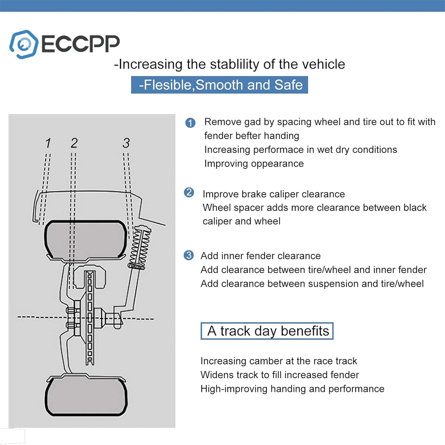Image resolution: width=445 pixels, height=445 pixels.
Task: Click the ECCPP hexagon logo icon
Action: click(x=23, y=44)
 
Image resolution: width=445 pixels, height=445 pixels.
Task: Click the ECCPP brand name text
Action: click(x=80, y=44)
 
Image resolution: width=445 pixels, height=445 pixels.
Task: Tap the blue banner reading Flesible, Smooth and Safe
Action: click(x=219, y=85)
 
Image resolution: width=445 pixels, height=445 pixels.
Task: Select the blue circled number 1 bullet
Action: click(x=190, y=123)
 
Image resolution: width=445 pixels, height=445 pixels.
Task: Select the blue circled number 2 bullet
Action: click(x=189, y=192)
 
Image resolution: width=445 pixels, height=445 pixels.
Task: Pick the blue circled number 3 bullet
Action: click(x=188, y=255)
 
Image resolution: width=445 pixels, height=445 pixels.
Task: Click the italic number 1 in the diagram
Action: click(x=48, y=143)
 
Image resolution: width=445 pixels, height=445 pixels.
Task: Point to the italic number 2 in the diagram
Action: click(x=74, y=143)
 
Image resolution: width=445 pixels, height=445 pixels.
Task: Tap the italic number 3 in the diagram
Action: click(x=126, y=143)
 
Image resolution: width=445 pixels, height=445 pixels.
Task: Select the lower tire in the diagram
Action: click(x=86, y=395)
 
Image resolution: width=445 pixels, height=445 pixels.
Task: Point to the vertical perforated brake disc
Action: click(x=90, y=317)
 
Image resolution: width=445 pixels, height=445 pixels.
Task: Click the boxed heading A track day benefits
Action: click(x=267, y=331)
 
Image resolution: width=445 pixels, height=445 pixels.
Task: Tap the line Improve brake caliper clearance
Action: click(x=273, y=194)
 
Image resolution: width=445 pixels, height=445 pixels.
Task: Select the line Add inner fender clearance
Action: click(x=261, y=256)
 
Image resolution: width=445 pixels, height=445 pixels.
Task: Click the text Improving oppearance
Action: click(x=254, y=164)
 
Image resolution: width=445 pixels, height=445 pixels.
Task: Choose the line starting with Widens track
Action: click(x=280, y=375)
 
